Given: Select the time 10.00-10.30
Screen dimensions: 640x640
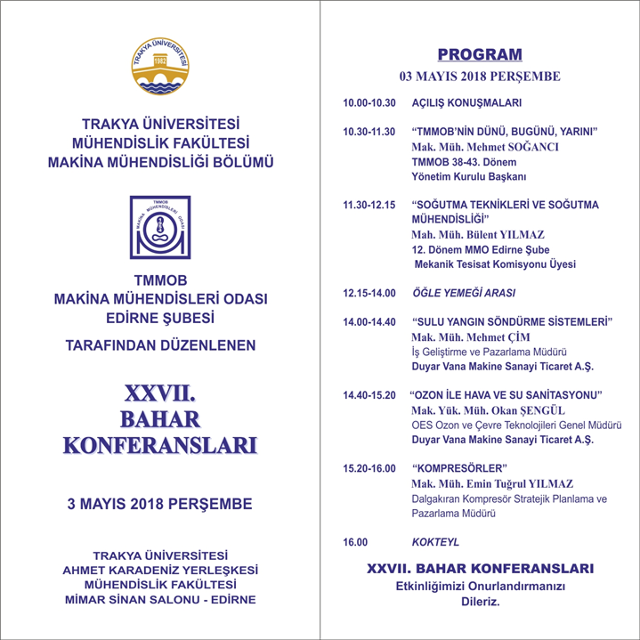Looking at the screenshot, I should tap(369, 101).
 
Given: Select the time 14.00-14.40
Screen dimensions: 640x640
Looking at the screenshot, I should tap(369, 321).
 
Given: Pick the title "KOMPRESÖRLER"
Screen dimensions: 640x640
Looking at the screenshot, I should tap(460, 467).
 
